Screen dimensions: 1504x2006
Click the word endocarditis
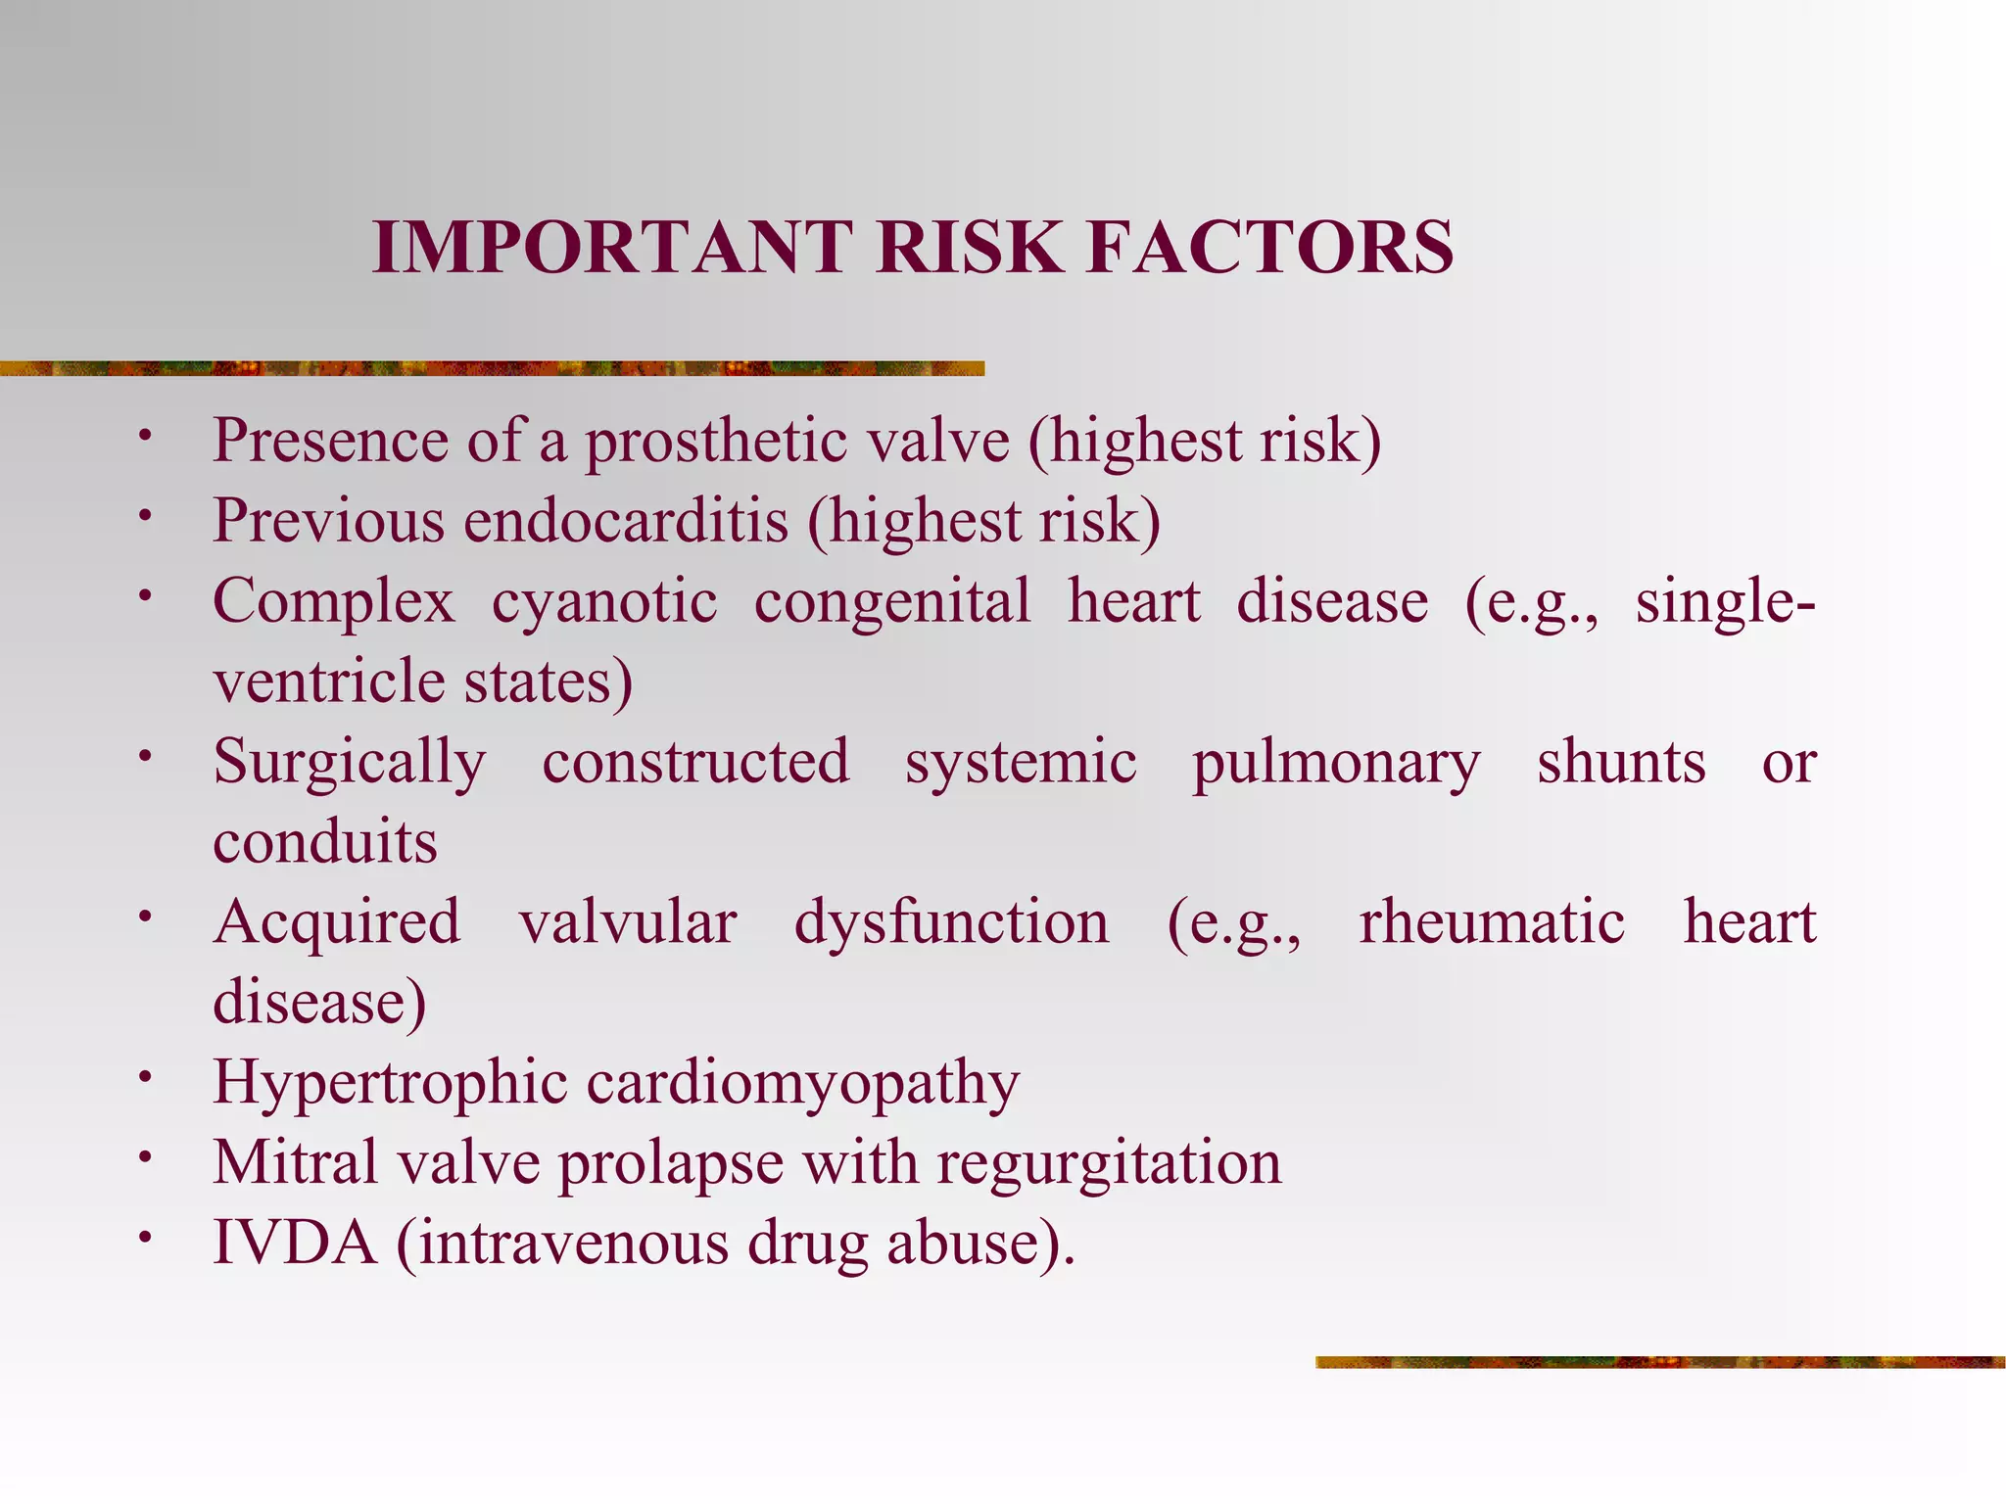point(626,521)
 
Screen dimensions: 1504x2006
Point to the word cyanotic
point(604,601)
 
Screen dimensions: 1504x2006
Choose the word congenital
point(892,601)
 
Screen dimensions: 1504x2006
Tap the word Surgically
point(350,764)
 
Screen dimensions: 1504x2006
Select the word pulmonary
point(1336,764)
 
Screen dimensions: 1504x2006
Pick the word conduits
point(325,842)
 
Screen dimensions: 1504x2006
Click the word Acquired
point(337,922)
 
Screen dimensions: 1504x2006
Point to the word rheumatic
point(1492,922)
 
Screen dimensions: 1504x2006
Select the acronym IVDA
point(295,1244)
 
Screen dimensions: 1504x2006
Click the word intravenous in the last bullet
point(575,1244)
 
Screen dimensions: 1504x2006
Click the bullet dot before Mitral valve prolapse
point(145,1157)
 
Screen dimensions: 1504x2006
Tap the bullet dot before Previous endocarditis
point(145,515)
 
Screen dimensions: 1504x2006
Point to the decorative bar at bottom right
point(1659,1362)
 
